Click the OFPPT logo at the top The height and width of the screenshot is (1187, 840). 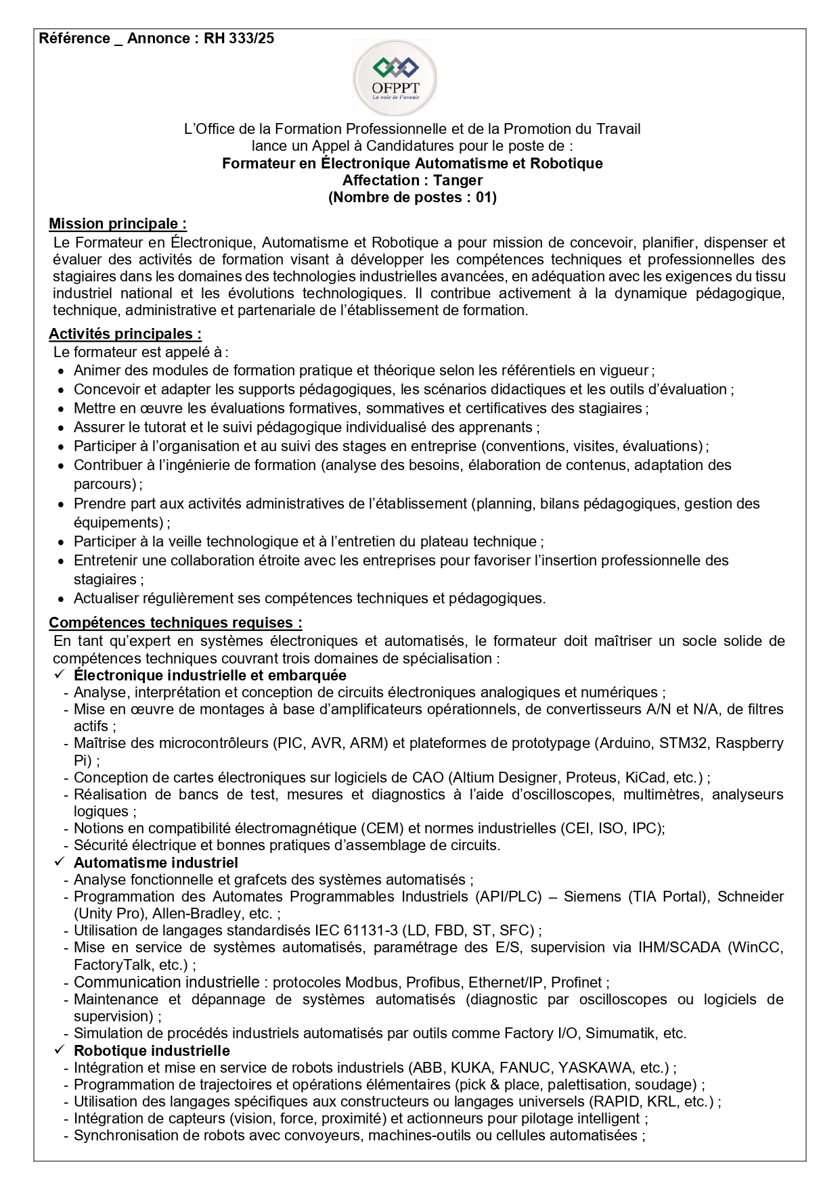pos(396,78)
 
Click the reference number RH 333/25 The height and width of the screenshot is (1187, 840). pos(239,39)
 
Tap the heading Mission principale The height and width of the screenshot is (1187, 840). pos(118,224)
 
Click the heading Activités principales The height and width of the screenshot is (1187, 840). pos(125,334)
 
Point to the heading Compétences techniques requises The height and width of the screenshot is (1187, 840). pos(175,623)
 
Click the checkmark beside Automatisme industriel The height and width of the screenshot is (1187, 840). pos(59,862)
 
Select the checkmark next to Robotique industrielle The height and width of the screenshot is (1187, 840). pos(59,1050)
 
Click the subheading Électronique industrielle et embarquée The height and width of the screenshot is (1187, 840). pos(210,676)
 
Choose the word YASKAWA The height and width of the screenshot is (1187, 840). pos(594,1068)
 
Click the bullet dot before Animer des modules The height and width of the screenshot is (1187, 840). pos(61,371)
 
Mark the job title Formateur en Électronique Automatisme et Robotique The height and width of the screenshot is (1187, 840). pos(412,164)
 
